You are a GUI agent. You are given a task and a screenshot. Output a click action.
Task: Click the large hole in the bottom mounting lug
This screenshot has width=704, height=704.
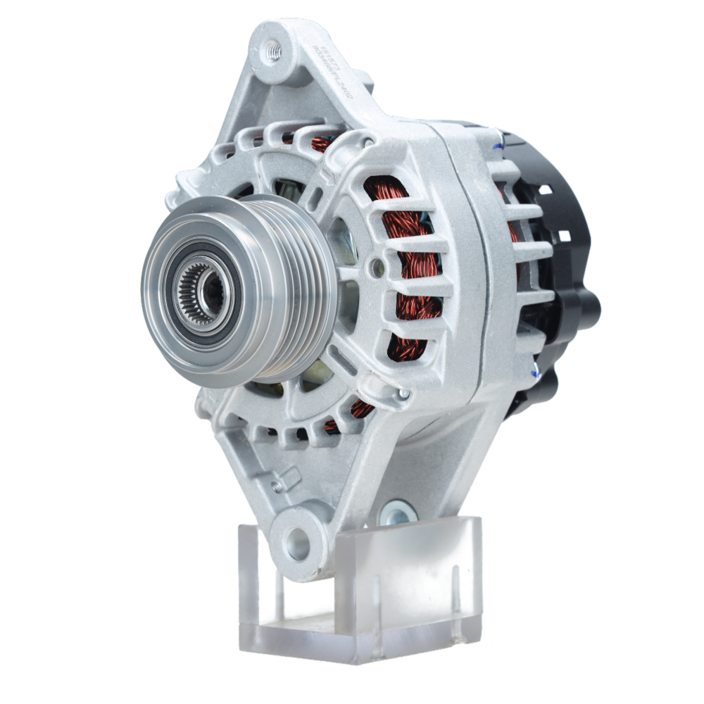(298, 543)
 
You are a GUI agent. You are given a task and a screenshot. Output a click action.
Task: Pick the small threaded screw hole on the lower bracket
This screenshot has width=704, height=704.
(278, 486)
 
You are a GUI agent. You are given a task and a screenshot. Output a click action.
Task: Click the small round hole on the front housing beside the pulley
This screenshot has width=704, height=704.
(379, 265)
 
